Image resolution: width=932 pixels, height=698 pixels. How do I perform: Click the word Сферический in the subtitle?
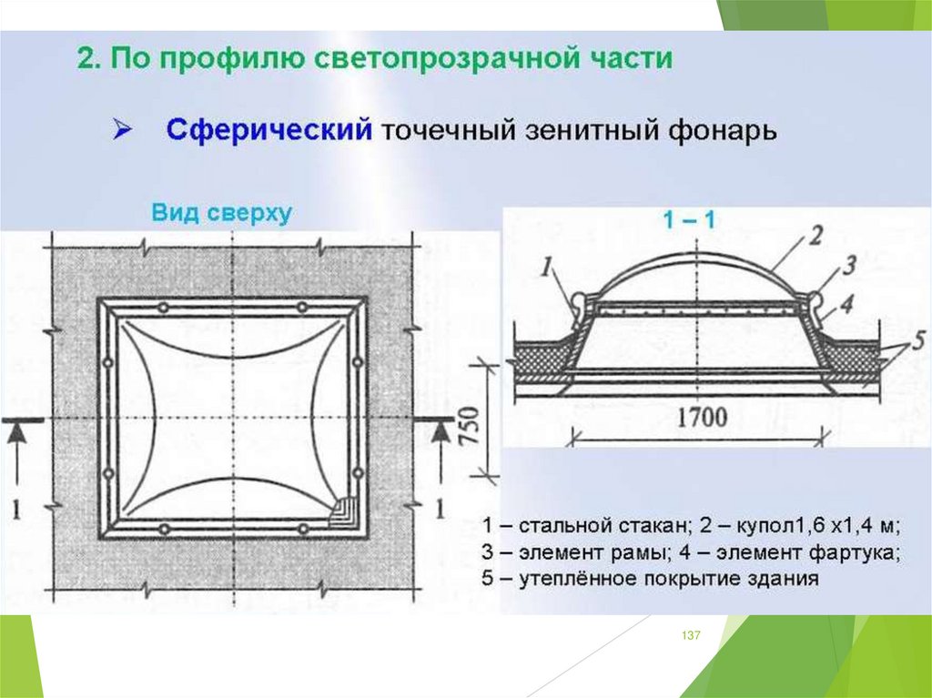268,129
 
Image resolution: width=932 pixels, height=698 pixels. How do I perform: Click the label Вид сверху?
221,213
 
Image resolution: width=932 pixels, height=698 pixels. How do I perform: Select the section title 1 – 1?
688,219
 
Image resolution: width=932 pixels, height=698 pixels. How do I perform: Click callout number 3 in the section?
848,267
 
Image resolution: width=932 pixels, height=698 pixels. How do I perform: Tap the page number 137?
691,635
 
